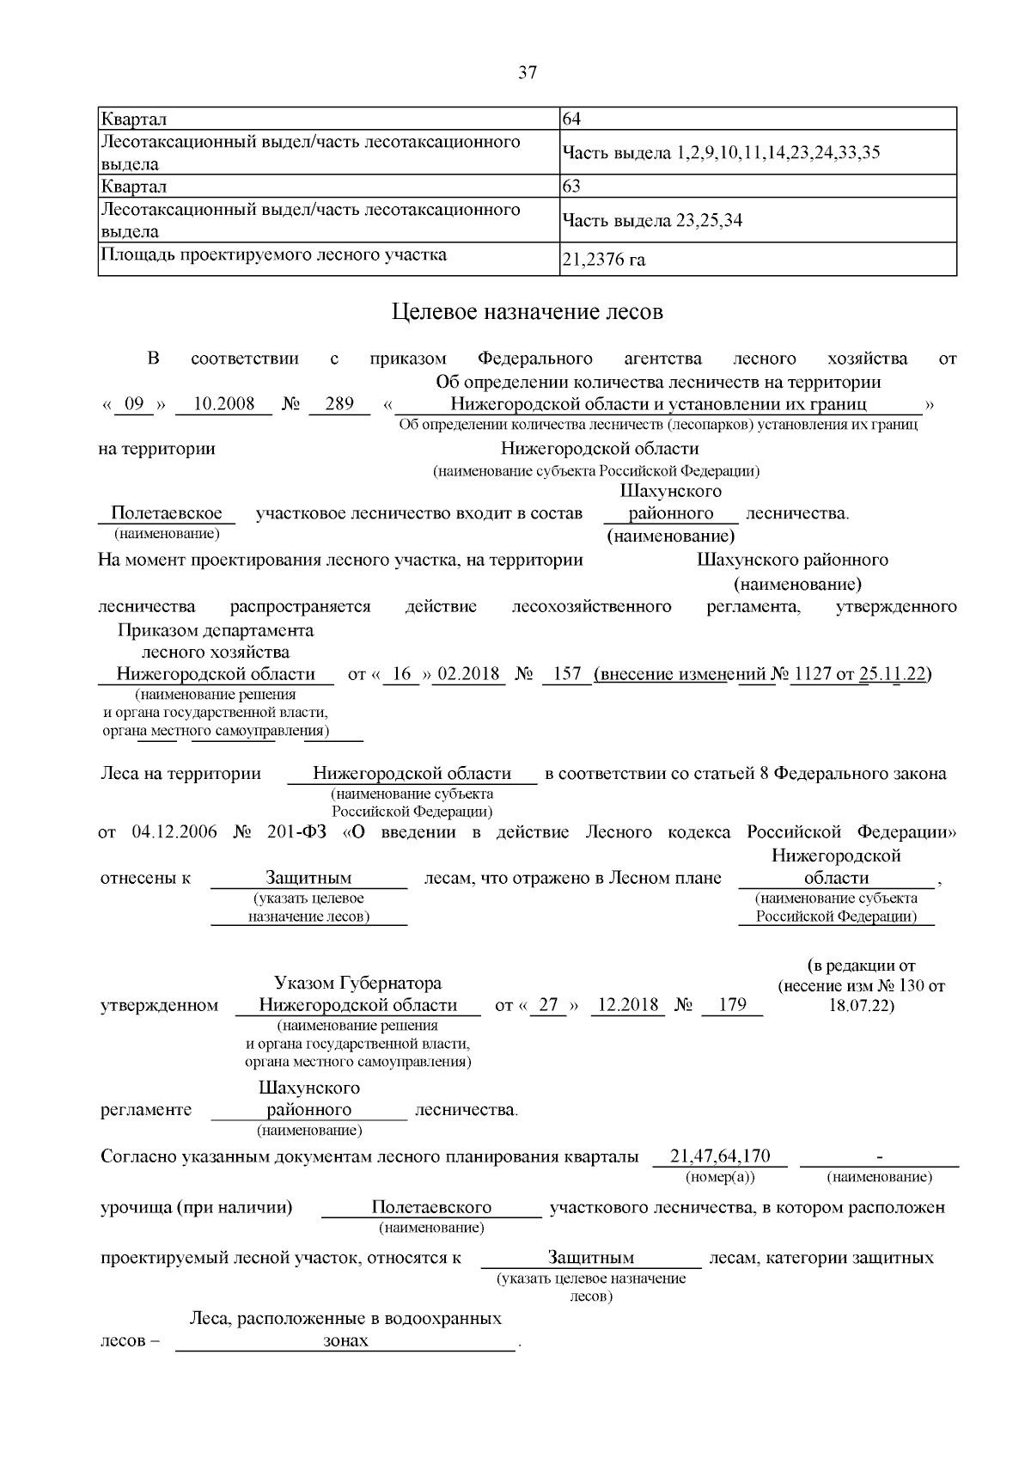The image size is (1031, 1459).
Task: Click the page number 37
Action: click(527, 73)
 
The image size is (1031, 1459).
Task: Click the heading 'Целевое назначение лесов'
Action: click(527, 311)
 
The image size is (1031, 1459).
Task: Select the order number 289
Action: click(339, 404)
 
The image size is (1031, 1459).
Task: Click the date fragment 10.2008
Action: click(223, 404)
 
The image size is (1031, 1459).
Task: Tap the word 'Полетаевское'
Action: click(166, 513)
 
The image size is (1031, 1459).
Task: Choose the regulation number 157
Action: click(567, 673)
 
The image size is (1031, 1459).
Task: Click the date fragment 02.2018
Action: click(469, 673)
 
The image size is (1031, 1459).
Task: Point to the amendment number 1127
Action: click(813, 673)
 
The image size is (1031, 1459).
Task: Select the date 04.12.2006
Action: click(174, 832)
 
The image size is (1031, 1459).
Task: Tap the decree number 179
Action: click(732, 1004)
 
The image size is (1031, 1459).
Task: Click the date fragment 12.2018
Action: click(627, 1004)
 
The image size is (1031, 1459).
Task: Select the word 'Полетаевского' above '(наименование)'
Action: click(431, 1207)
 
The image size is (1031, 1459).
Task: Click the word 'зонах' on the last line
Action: click(345, 1340)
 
